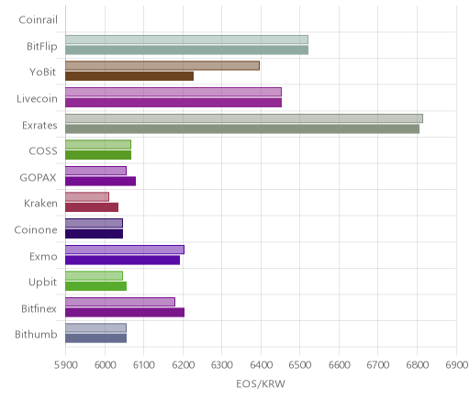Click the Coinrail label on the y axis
[x=38, y=20]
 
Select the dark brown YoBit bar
[x=129, y=76]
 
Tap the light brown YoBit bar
[x=162, y=66]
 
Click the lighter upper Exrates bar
[x=244, y=118]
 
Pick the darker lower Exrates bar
[x=242, y=128]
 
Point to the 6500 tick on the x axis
[x=300, y=365]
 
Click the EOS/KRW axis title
[x=261, y=384]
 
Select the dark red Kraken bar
[x=92, y=207]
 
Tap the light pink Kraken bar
[x=87, y=197]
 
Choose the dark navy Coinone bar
[x=94, y=234]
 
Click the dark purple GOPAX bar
[x=100, y=181]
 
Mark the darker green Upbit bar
[x=95, y=286]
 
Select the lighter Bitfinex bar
[x=120, y=302]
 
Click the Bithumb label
[x=36, y=334]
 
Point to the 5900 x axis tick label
[x=65, y=365]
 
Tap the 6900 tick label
[x=457, y=365]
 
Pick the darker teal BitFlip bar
[x=186, y=50]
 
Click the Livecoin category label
[x=37, y=99]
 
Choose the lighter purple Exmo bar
[x=125, y=250]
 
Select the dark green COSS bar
[x=98, y=155]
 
